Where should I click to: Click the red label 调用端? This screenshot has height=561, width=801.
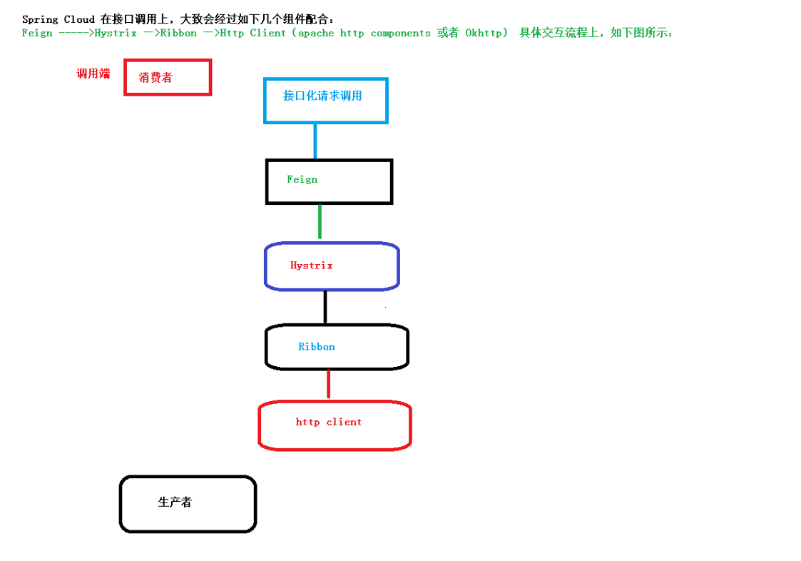(x=93, y=74)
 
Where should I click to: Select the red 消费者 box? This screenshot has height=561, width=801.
(x=168, y=77)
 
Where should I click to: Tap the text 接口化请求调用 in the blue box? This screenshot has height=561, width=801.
(x=322, y=96)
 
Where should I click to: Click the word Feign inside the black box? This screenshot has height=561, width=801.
(x=302, y=179)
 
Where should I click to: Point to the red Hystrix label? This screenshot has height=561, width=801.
(x=312, y=266)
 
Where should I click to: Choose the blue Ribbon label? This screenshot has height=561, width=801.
(x=317, y=347)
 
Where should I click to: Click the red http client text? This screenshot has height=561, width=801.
(x=329, y=422)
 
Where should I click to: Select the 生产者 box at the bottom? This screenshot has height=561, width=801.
(x=188, y=504)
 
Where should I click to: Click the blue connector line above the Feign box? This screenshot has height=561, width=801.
(x=315, y=141)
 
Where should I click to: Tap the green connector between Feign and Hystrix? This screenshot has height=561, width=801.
(x=320, y=221)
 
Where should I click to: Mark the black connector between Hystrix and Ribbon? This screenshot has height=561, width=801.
(x=325, y=307)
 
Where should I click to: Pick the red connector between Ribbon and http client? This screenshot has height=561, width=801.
(x=328, y=384)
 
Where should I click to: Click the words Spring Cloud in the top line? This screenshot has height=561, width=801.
(x=58, y=19)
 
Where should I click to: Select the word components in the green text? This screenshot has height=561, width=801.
(x=400, y=33)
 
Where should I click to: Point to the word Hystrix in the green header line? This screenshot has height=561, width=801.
(x=116, y=33)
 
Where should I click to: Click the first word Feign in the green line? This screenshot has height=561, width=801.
(x=37, y=33)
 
